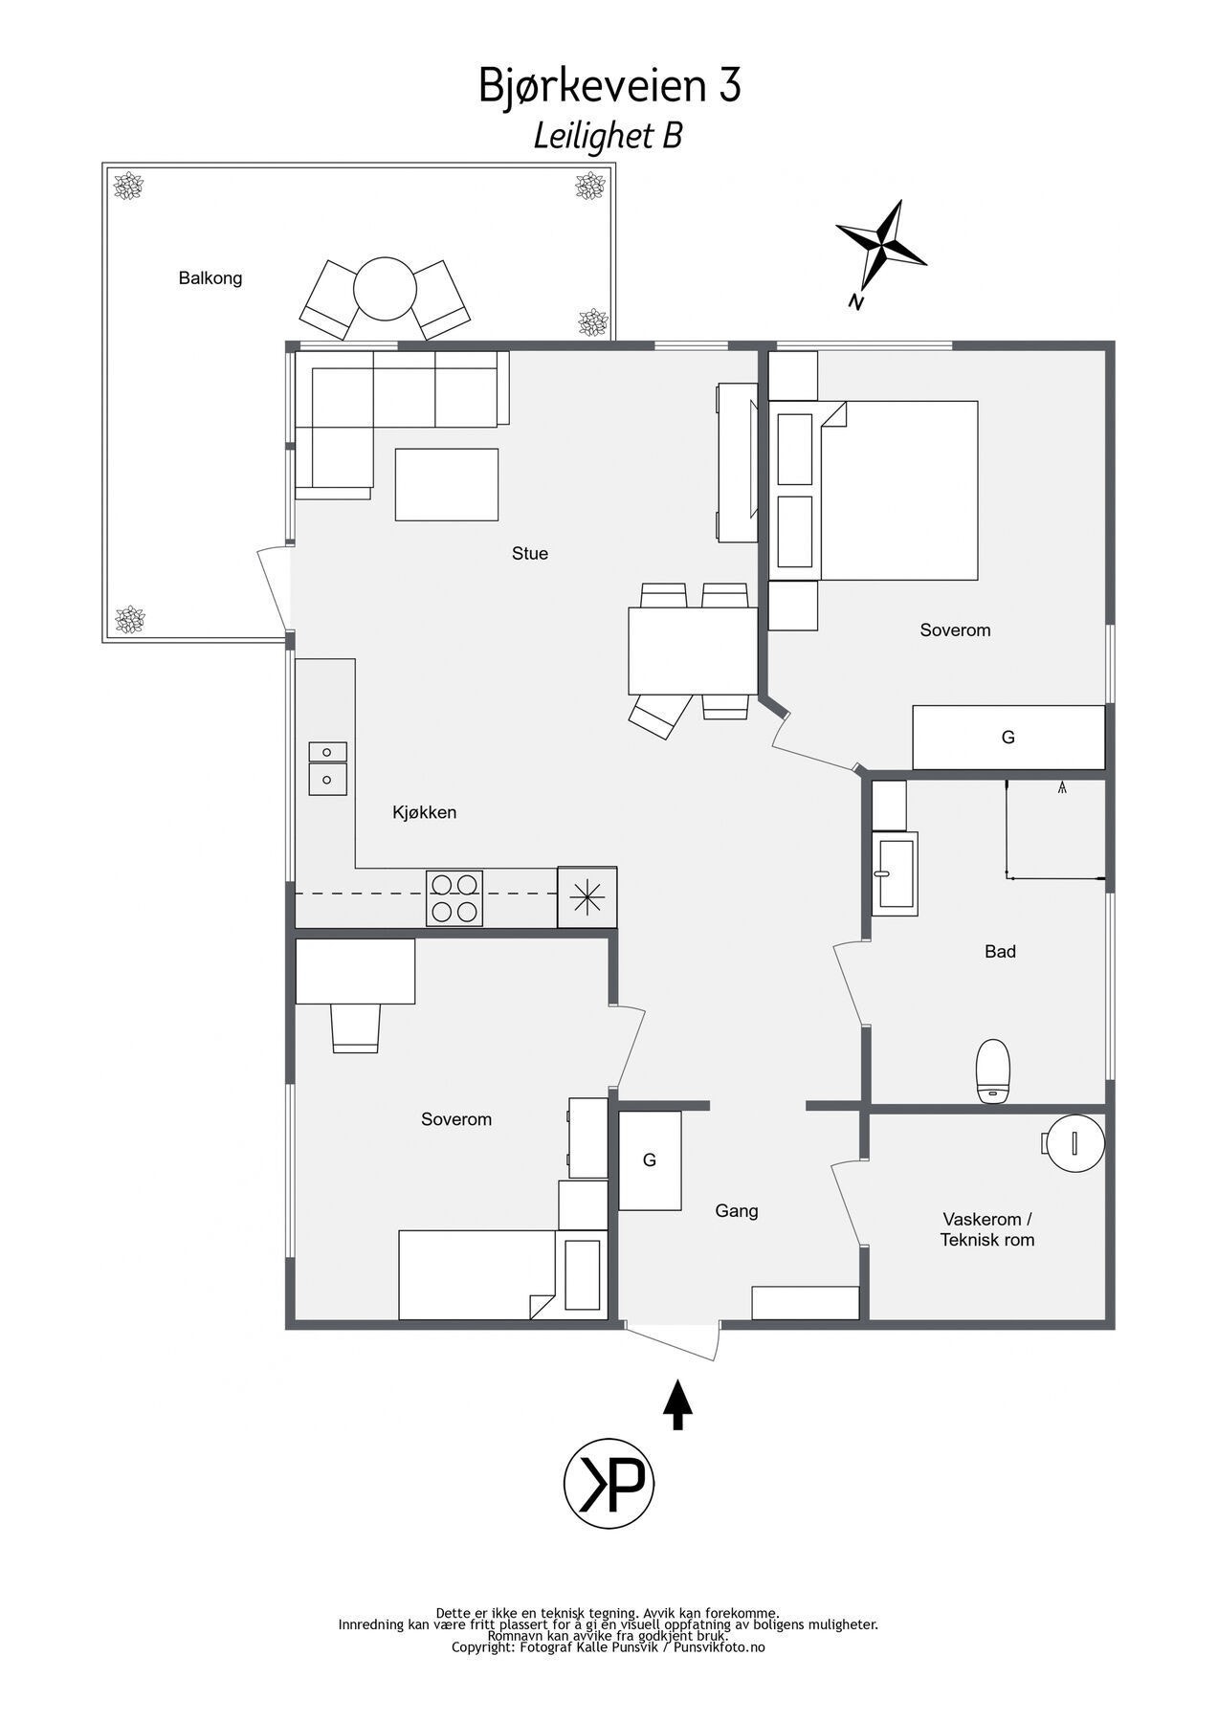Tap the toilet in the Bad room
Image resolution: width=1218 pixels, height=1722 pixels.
point(993,1071)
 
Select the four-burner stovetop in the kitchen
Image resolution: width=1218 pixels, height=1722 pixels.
point(454,898)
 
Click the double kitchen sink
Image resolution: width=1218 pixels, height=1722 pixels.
point(327,769)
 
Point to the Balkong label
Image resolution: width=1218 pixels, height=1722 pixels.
point(210,278)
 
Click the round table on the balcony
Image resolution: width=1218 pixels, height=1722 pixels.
point(385,289)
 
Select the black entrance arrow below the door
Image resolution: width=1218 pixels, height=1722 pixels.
point(677,1404)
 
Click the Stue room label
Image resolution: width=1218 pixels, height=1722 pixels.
point(530,553)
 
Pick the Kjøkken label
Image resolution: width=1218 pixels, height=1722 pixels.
point(425,812)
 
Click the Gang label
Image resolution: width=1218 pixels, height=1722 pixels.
point(737,1211)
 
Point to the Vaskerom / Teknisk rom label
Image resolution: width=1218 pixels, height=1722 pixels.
point(987,1230)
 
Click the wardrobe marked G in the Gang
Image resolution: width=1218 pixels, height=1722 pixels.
point(650,1160)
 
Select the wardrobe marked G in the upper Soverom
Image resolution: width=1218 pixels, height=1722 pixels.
point(1008,738)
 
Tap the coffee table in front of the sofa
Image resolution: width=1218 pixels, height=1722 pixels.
point(447,485)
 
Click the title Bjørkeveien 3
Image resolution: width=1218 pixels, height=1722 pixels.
point(609,86)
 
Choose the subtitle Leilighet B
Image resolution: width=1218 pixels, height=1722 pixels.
point(608,136)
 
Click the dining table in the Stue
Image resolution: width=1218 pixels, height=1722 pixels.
point(694,651)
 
